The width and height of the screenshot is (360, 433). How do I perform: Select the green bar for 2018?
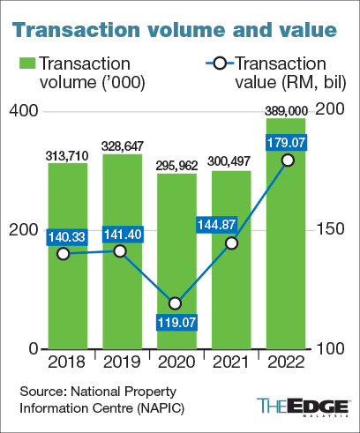click(68, 300)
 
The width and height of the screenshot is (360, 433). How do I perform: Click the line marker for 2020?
click(175, 303)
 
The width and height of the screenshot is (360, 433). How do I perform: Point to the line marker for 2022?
click(287, 160)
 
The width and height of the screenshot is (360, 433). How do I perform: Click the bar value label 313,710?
click(68, 156)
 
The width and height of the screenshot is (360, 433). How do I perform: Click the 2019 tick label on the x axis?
click(121, 362)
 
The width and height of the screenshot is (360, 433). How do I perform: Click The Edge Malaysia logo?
click(304, 407)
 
